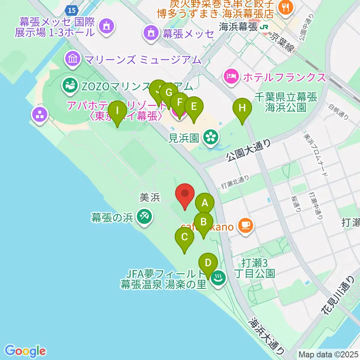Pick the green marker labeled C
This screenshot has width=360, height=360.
pyautogui.click(x=184, y=237)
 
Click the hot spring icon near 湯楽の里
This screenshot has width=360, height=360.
pyautogui.click(x=217, y=278)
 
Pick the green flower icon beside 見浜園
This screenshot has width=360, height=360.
pyautogui.click(x=210, y=137)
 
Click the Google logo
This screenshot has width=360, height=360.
pyautogui.click(x=25, y=351)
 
